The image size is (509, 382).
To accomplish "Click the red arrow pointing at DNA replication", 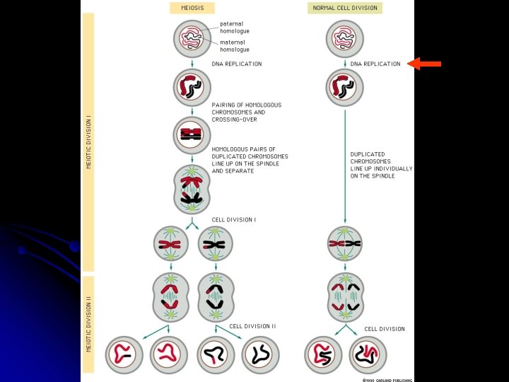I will [x=426, y=64].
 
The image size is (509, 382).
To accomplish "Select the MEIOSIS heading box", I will [x=192, y=8].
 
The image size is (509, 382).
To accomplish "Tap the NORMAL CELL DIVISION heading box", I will [x=345, y=8].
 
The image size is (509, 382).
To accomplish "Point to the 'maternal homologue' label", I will [x=235, y=45].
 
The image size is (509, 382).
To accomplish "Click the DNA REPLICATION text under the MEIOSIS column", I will [x=237, y=64].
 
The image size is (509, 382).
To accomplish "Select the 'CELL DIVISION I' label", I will [x=234, y=219].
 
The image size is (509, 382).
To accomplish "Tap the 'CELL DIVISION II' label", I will [x=252, y=326].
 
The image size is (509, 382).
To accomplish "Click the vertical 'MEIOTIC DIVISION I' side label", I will [x=88, y=141].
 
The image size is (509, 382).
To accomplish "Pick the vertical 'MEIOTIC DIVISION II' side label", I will [x=88, y=323].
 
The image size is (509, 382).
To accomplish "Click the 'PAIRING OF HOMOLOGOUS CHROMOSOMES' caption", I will [x=247, y=112].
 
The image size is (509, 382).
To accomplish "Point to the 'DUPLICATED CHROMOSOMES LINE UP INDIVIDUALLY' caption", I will [x=373, y=164].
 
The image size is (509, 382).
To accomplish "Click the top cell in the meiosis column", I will [x=193, y=38].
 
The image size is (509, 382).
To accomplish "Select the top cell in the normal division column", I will [x=345, y=38].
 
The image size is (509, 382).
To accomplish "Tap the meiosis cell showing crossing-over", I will [x=193, y=133].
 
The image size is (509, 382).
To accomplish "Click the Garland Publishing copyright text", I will [x=387, y=380].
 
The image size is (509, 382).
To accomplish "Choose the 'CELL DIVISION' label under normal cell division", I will [x=385, y=329].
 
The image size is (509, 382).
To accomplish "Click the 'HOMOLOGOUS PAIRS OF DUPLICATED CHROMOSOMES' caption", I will [x=250, y=160].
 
